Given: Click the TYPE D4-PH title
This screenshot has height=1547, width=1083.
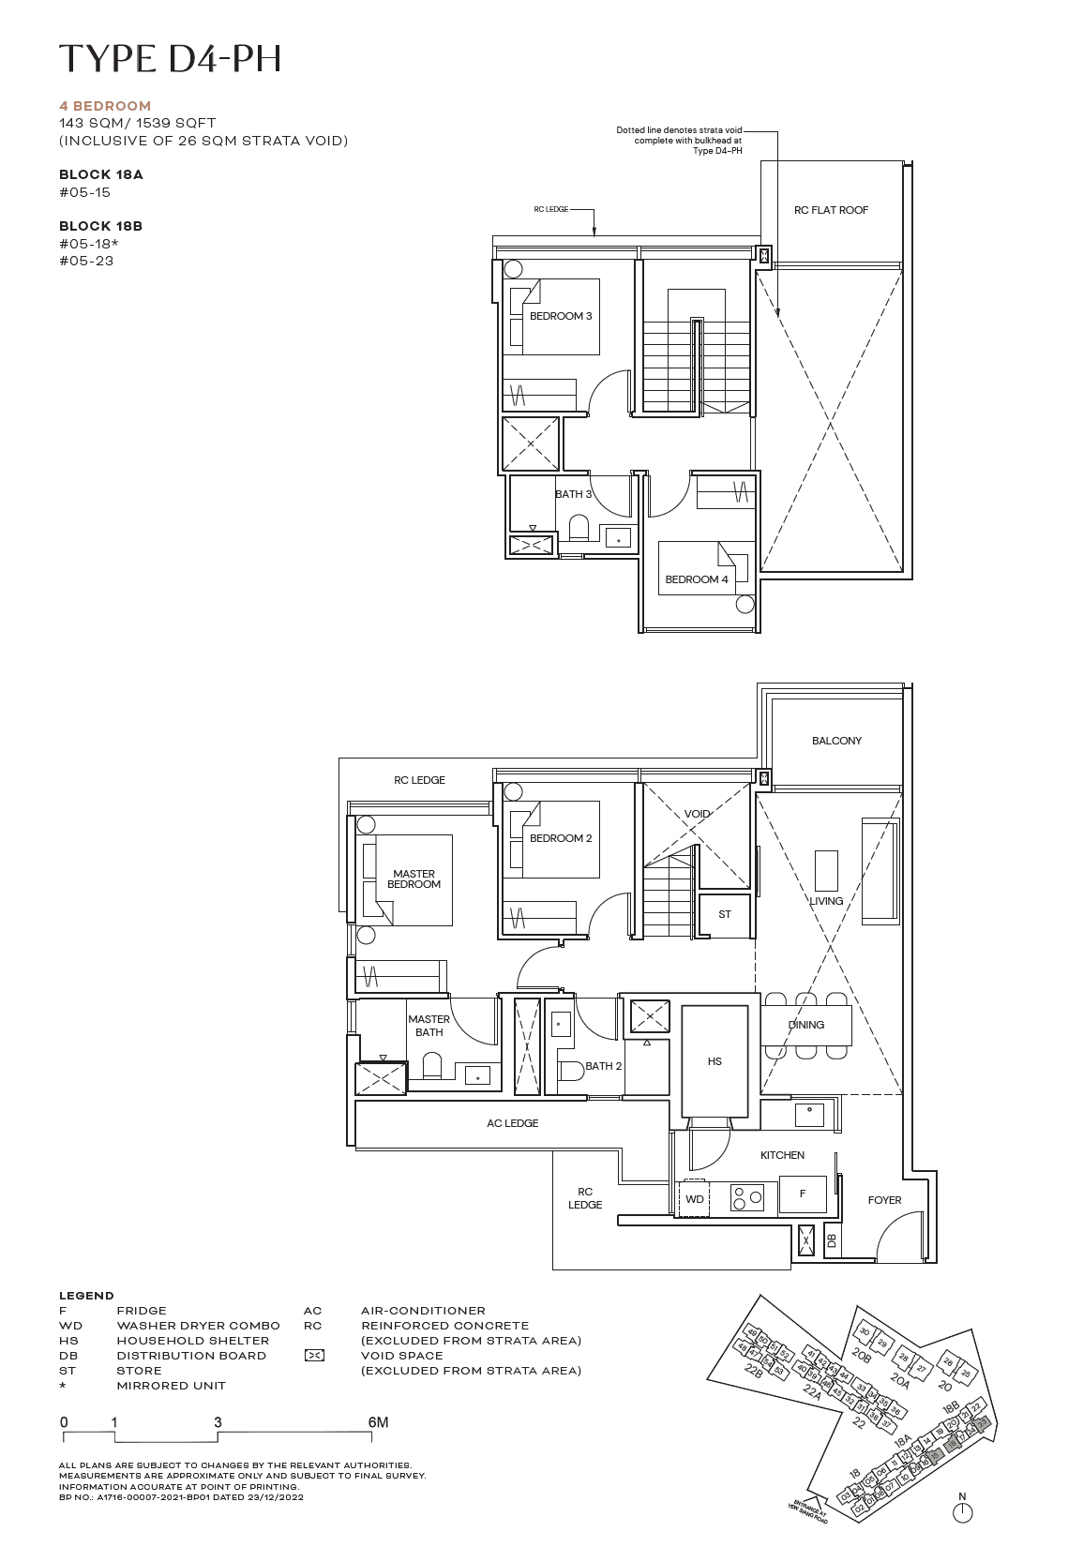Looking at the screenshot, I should click(170, 58).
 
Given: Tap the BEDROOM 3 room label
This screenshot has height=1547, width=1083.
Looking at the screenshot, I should click(561, 316).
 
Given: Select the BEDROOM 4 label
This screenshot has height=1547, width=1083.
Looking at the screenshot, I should click(696, 579).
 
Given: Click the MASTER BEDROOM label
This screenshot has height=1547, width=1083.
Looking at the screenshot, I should click(414, 879).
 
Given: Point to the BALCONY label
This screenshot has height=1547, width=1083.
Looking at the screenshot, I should click(836, 741).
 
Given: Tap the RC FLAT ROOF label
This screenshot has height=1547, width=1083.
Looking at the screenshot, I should click(831, 210).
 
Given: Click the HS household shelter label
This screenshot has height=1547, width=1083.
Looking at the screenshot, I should click(714, 1061).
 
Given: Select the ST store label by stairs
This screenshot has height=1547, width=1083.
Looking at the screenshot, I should click(724, 914).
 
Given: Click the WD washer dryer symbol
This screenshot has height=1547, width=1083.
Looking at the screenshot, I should click(695, 1199).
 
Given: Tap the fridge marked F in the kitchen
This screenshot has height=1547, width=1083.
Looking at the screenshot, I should click(803, 1194).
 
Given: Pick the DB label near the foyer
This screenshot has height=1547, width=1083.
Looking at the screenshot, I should click(832, 1240).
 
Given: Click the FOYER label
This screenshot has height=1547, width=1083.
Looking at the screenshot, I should click(884, 1200).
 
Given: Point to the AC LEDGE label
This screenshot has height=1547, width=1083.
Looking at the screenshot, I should click(512, 1123).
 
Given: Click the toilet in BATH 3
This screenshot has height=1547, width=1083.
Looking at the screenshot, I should click(579, 528).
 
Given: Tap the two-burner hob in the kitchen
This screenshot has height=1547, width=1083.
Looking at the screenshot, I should click(747, 1198).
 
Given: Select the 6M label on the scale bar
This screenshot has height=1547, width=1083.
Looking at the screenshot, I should click(378, 1422).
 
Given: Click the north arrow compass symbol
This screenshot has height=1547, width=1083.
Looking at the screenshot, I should click(962, 1511).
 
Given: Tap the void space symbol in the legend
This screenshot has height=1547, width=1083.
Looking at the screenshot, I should click(315, 1356).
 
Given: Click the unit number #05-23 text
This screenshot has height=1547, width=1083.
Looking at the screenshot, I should click(86, 261).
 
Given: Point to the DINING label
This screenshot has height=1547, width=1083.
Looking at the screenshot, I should click(805, 1025).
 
